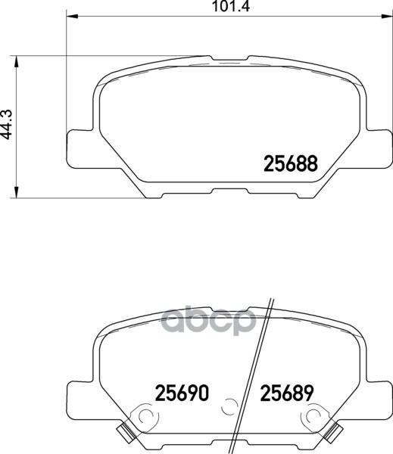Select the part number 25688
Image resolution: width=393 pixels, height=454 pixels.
[290, 163]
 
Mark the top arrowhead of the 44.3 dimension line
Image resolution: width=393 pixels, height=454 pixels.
[17, 58]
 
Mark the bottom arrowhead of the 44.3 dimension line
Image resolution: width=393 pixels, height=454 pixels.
[17, 194]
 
